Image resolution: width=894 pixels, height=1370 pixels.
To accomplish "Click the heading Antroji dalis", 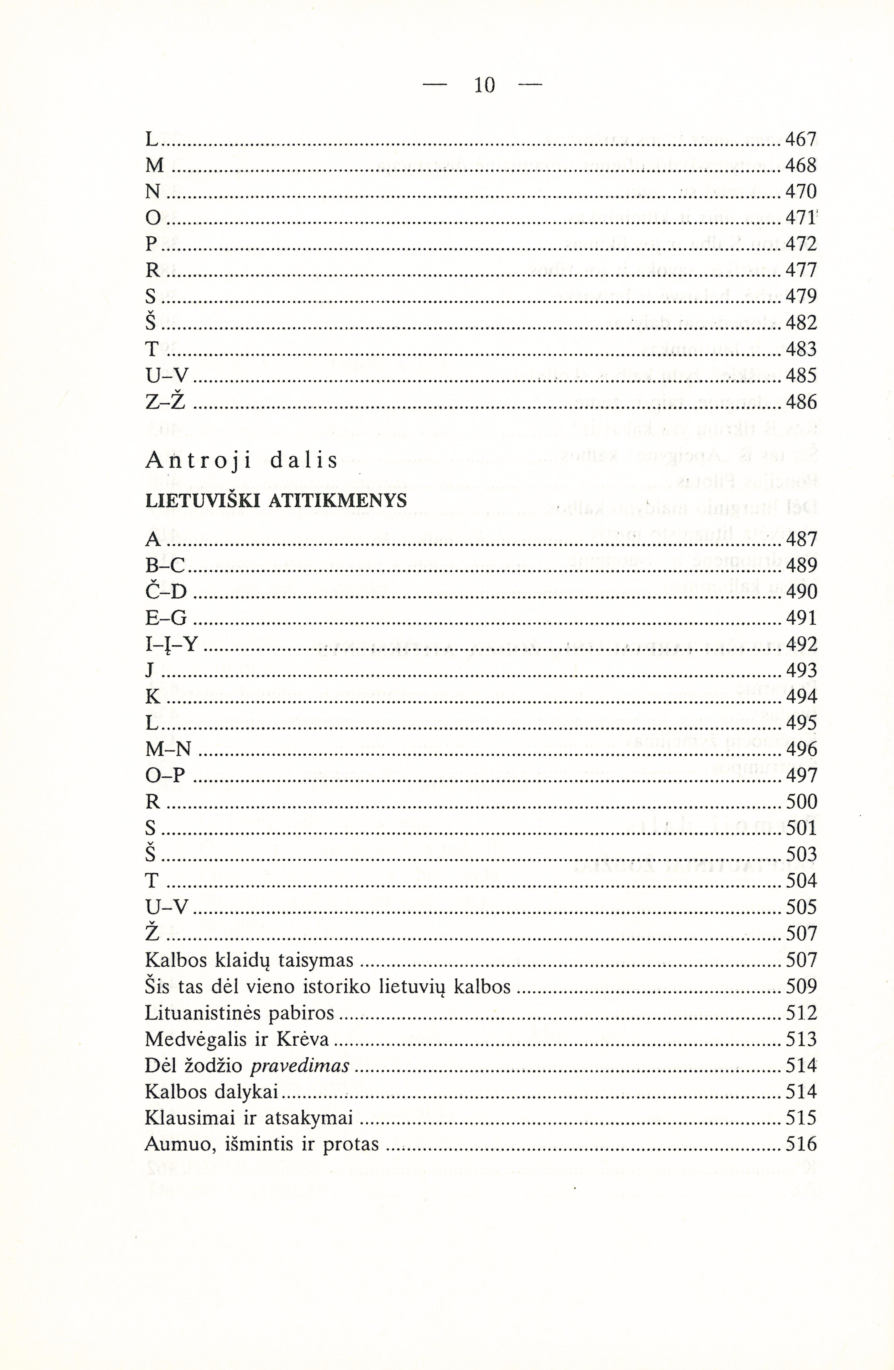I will click(x=242, y=461).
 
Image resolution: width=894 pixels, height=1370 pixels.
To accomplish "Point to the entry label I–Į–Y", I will click(x=171, y=644).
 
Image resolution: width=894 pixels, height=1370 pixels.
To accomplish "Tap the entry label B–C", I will click(x=165, y=565).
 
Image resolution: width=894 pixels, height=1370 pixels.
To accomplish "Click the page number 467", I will click(x=801, y=139).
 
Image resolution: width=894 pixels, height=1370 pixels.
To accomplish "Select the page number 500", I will click(x=801, y=801).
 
